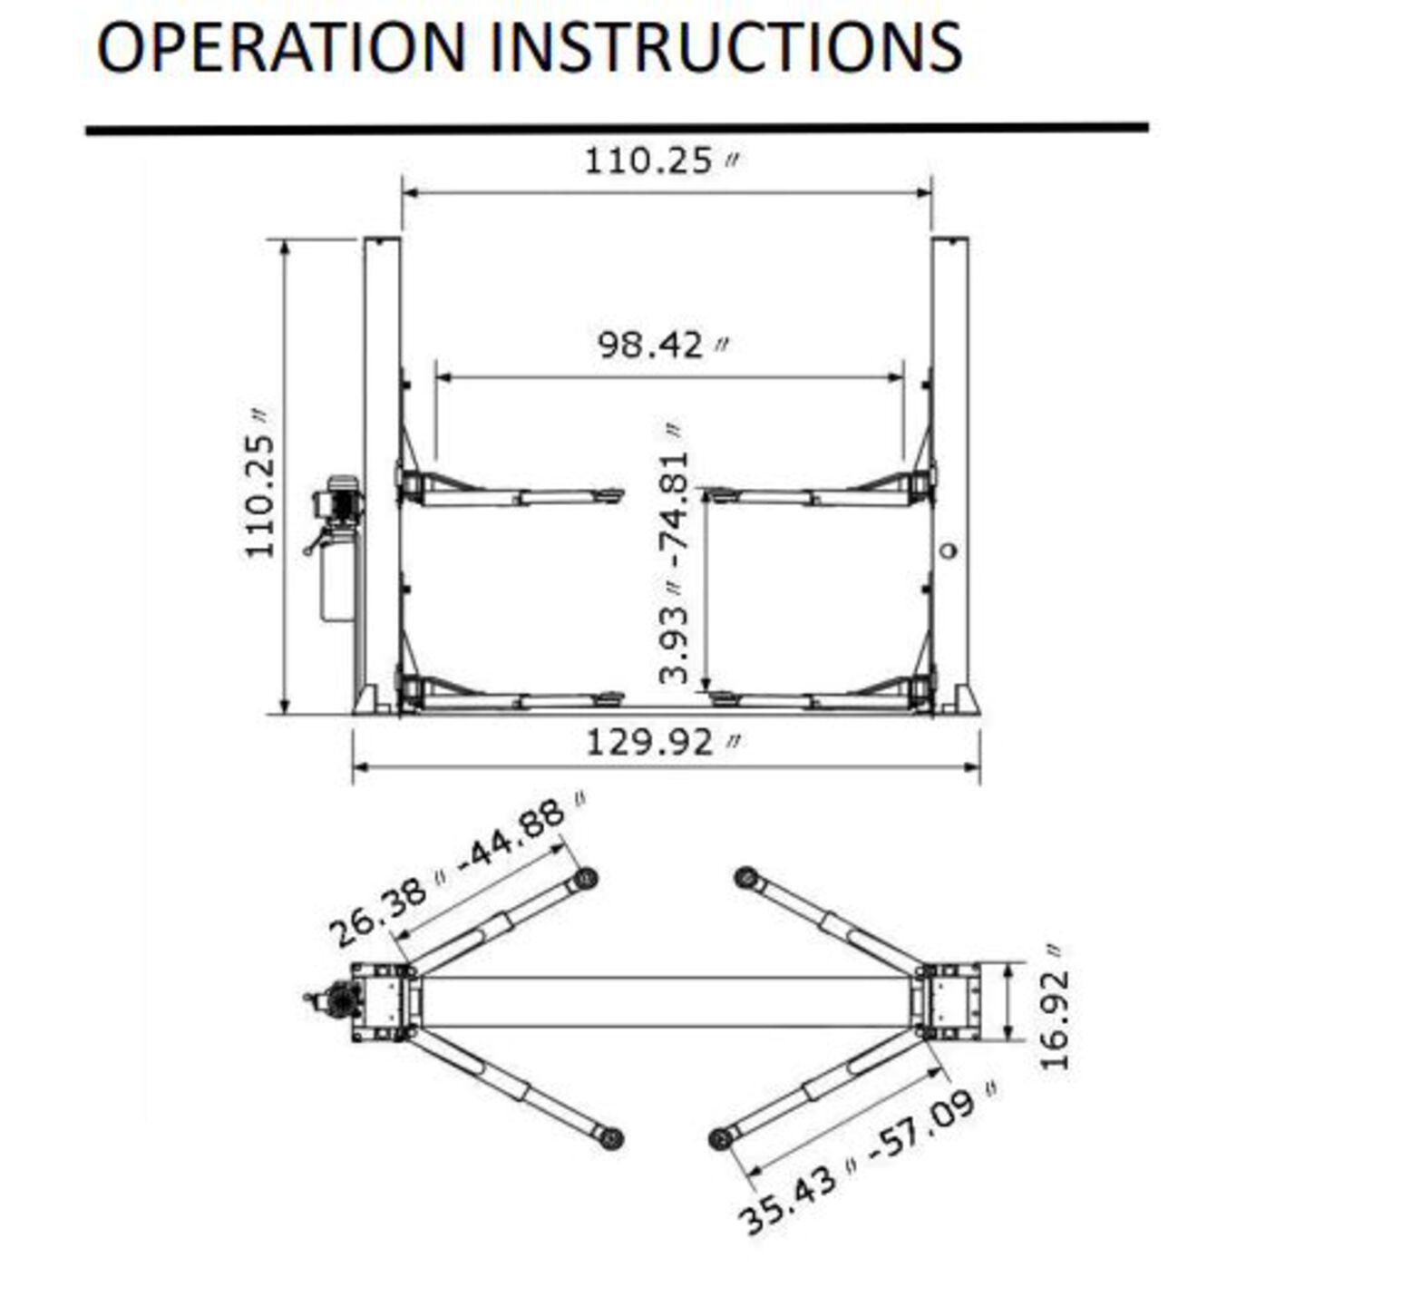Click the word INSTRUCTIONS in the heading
tap(725, 47)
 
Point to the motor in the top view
tap(338, 999)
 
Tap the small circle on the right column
tap(949, 551)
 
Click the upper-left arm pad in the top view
tap(586, 878)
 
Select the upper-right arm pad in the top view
tap(746, 877)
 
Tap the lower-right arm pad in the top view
tap(721, 1138)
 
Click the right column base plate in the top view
tap(949, 1001)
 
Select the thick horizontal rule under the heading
tap(617, 129)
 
